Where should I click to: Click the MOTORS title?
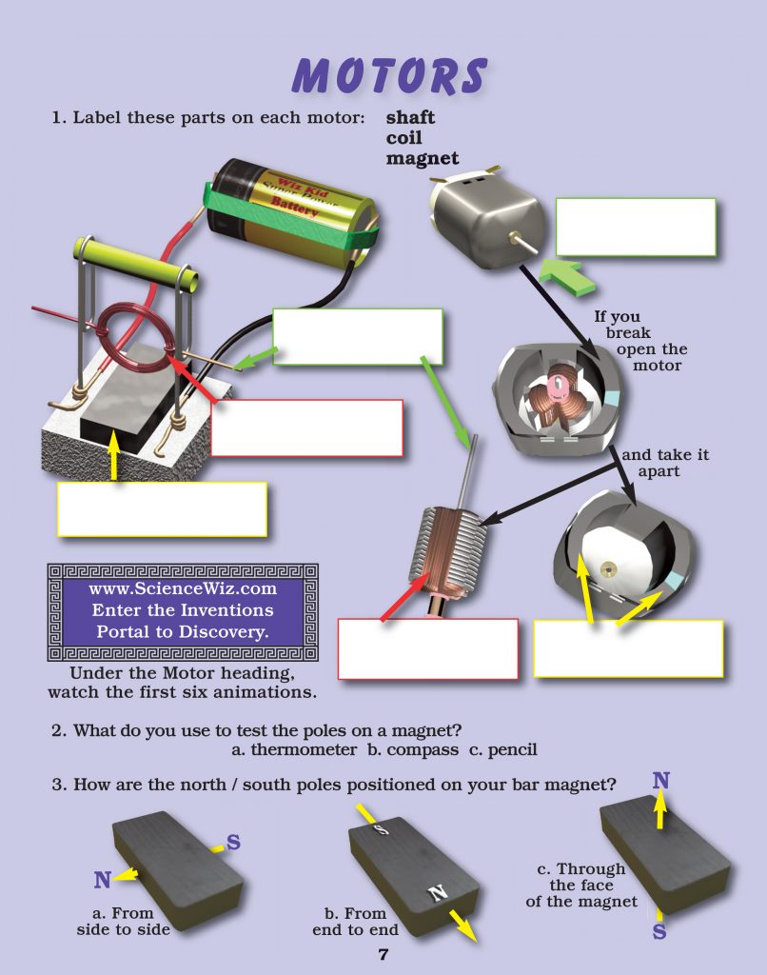click(x=389, y=75)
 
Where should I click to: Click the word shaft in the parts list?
click(x=410, y=118)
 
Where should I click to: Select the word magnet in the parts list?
click(x=422, y=159)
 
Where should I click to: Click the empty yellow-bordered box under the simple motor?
click(x=162, y=508)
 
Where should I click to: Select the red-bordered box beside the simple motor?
click(x=306, y=428)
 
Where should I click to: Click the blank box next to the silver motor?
click(x=635, y=227)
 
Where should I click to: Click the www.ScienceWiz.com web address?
click(x=183, y=588)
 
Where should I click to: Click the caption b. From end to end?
click(x=355, y=922)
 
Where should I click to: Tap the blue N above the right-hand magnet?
click(x=660, y=782)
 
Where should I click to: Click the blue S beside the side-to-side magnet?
click(x=233, y=843)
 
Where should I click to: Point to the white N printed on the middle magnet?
click(x=438, y=893)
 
